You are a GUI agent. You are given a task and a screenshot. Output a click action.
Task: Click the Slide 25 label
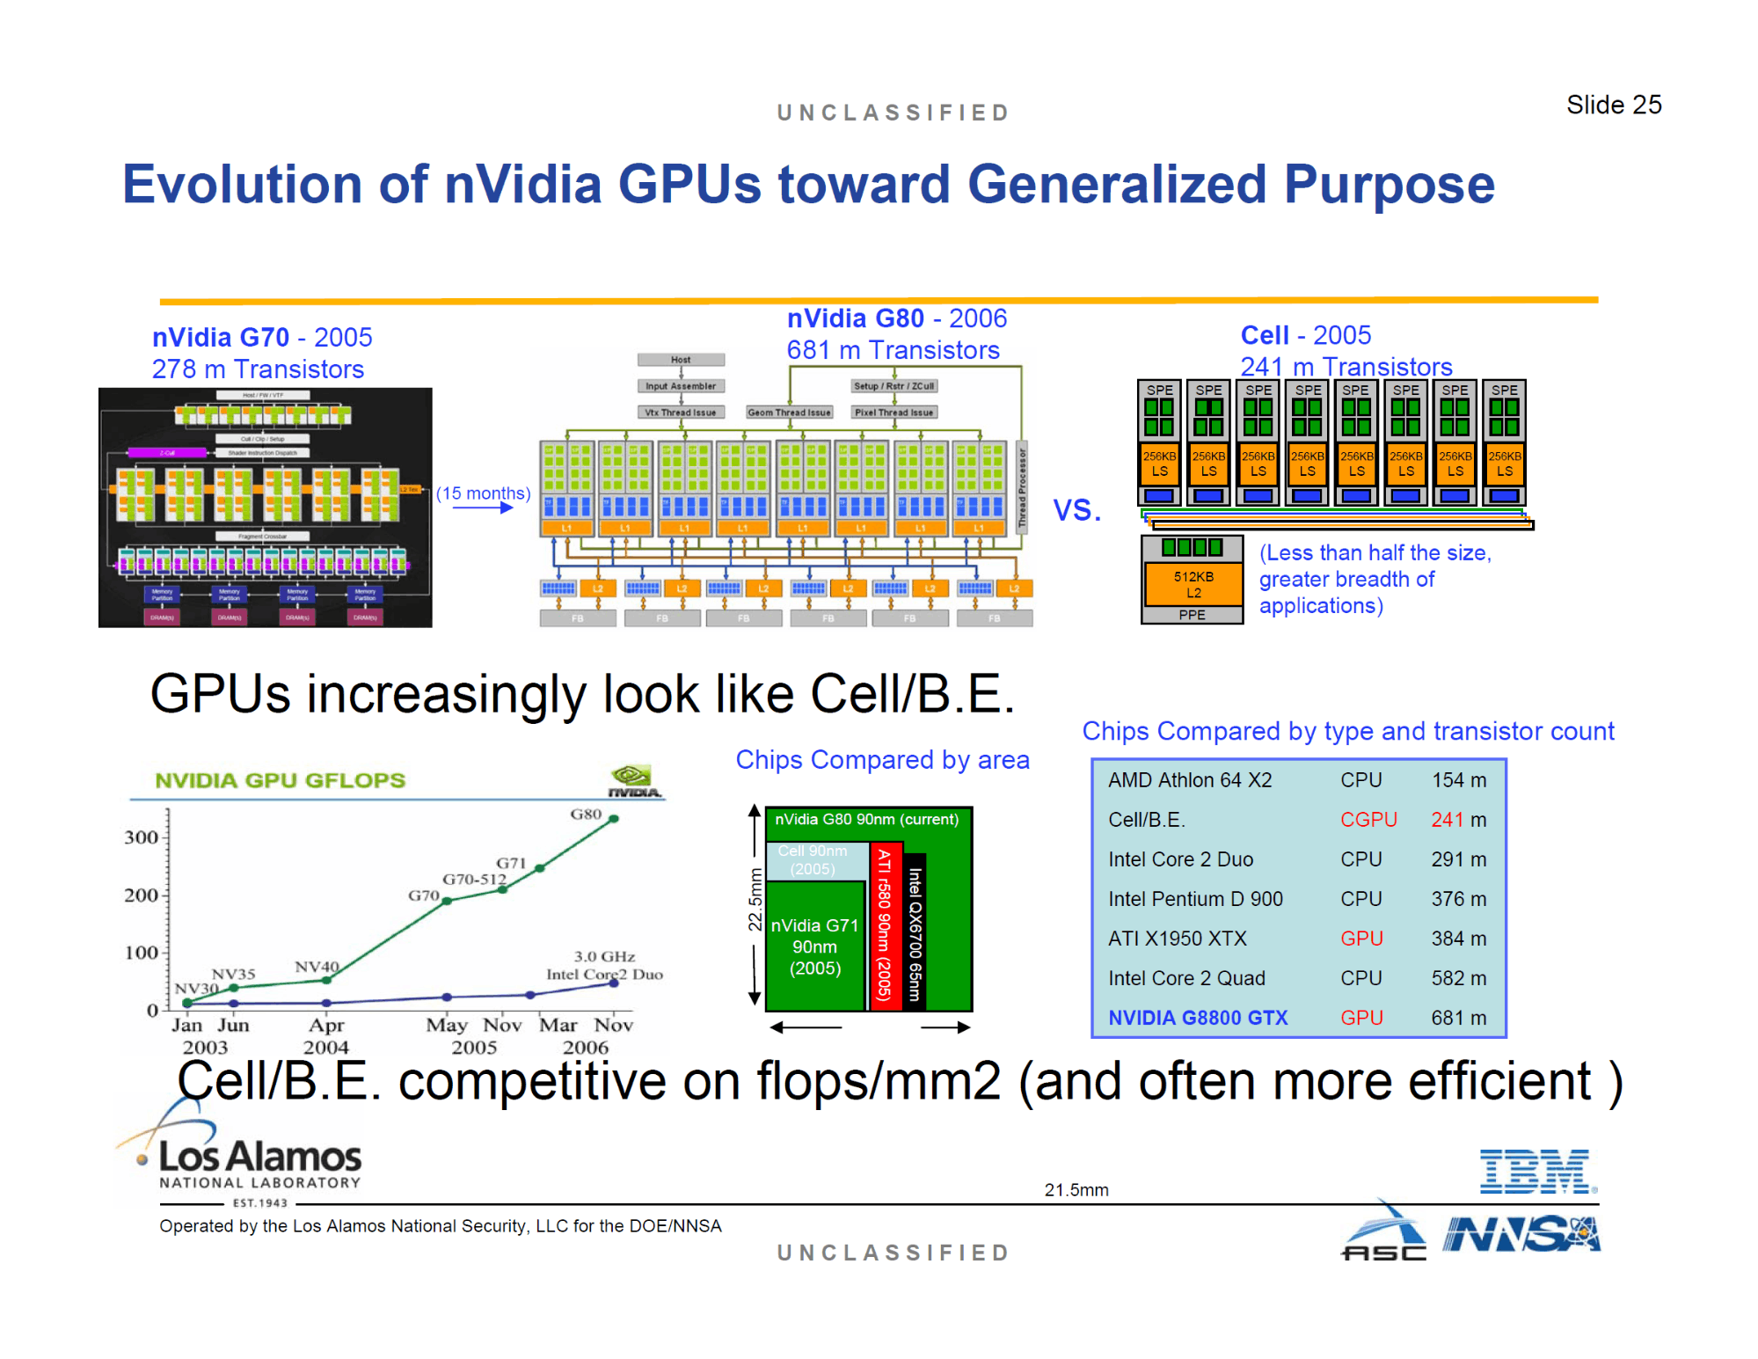pos(1613,105)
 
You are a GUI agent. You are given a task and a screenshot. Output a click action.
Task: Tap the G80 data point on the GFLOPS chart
pos(614,819)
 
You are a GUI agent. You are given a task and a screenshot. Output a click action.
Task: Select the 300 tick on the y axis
pos(142,837)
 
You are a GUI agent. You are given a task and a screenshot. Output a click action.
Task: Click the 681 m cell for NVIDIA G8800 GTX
pos(1457,1018)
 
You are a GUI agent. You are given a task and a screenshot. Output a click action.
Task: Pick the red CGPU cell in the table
pos(1368,820)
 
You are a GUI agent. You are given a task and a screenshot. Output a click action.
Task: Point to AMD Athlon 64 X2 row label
pos(1189,780)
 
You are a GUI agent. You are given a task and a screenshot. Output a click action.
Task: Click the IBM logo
pos(1536,1172)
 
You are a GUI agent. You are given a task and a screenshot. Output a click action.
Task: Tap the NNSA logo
pos(1521,1234)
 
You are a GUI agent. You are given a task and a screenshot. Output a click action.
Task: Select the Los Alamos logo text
pos(259,1157)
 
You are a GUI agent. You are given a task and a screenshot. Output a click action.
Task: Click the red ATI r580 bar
pos(885,926)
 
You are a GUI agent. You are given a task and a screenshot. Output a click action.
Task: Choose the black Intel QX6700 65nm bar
pos(915,932)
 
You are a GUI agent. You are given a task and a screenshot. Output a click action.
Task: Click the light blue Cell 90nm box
pos(814,860)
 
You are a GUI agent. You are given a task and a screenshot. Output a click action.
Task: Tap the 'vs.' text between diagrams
pos(1076,509)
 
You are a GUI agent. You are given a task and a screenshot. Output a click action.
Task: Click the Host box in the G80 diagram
pos(681,360)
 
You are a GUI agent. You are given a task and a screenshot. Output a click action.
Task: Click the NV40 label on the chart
pos(317,967)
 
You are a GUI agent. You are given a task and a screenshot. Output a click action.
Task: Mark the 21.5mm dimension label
pos(1076,1190)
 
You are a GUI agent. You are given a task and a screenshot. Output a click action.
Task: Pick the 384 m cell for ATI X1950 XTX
pos(1457,939)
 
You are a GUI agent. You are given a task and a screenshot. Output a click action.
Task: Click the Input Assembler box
pos(681,386)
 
